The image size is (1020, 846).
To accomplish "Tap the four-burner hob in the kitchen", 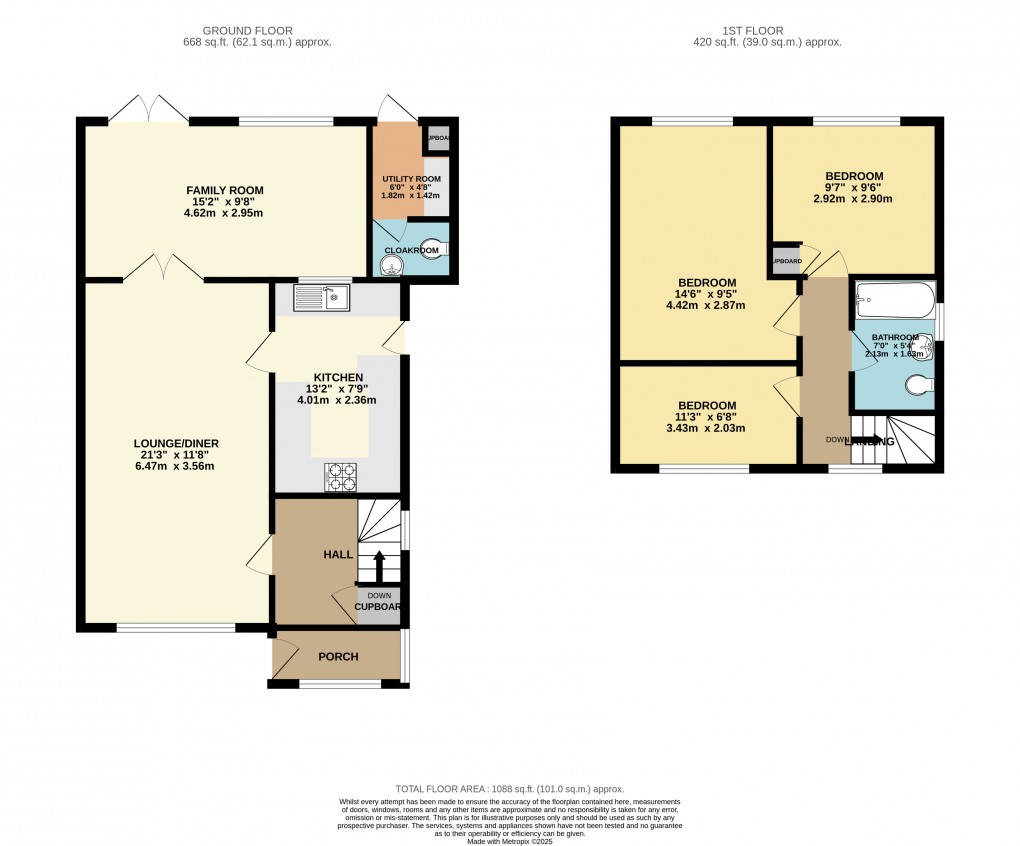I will pyautogui.click(x=340, y=478).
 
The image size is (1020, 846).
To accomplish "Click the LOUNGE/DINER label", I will pyautogui.click(x=177, y=444).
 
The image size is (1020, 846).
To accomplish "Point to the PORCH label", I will pyautogui.click(x=338, y=656).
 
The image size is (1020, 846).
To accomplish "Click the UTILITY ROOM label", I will pyautogui.click(x=411, y=179).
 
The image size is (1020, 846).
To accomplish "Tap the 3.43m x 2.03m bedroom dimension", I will pyautogui.click(x=708, y=428).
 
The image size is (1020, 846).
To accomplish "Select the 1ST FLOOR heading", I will pyautogui.click(x=767, y=31).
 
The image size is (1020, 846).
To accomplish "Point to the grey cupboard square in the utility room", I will pyautogui.click(x=437, y=139).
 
